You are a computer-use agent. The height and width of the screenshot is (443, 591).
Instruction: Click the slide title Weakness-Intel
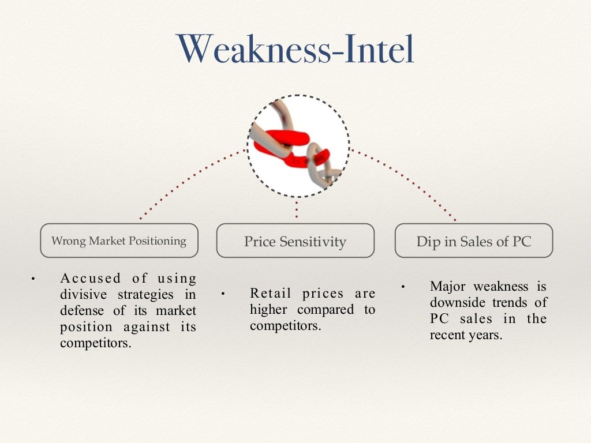295,50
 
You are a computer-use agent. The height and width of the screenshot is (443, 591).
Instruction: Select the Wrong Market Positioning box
119,241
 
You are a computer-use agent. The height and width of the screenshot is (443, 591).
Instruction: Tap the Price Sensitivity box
295,241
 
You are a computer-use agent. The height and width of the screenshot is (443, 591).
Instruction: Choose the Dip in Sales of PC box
474,241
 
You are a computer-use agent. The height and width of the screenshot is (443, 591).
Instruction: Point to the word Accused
91,279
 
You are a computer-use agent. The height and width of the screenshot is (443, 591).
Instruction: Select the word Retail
271,294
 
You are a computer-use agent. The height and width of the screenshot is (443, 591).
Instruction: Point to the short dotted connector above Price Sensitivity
296,209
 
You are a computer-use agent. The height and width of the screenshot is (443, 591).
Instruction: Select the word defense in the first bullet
83,311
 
